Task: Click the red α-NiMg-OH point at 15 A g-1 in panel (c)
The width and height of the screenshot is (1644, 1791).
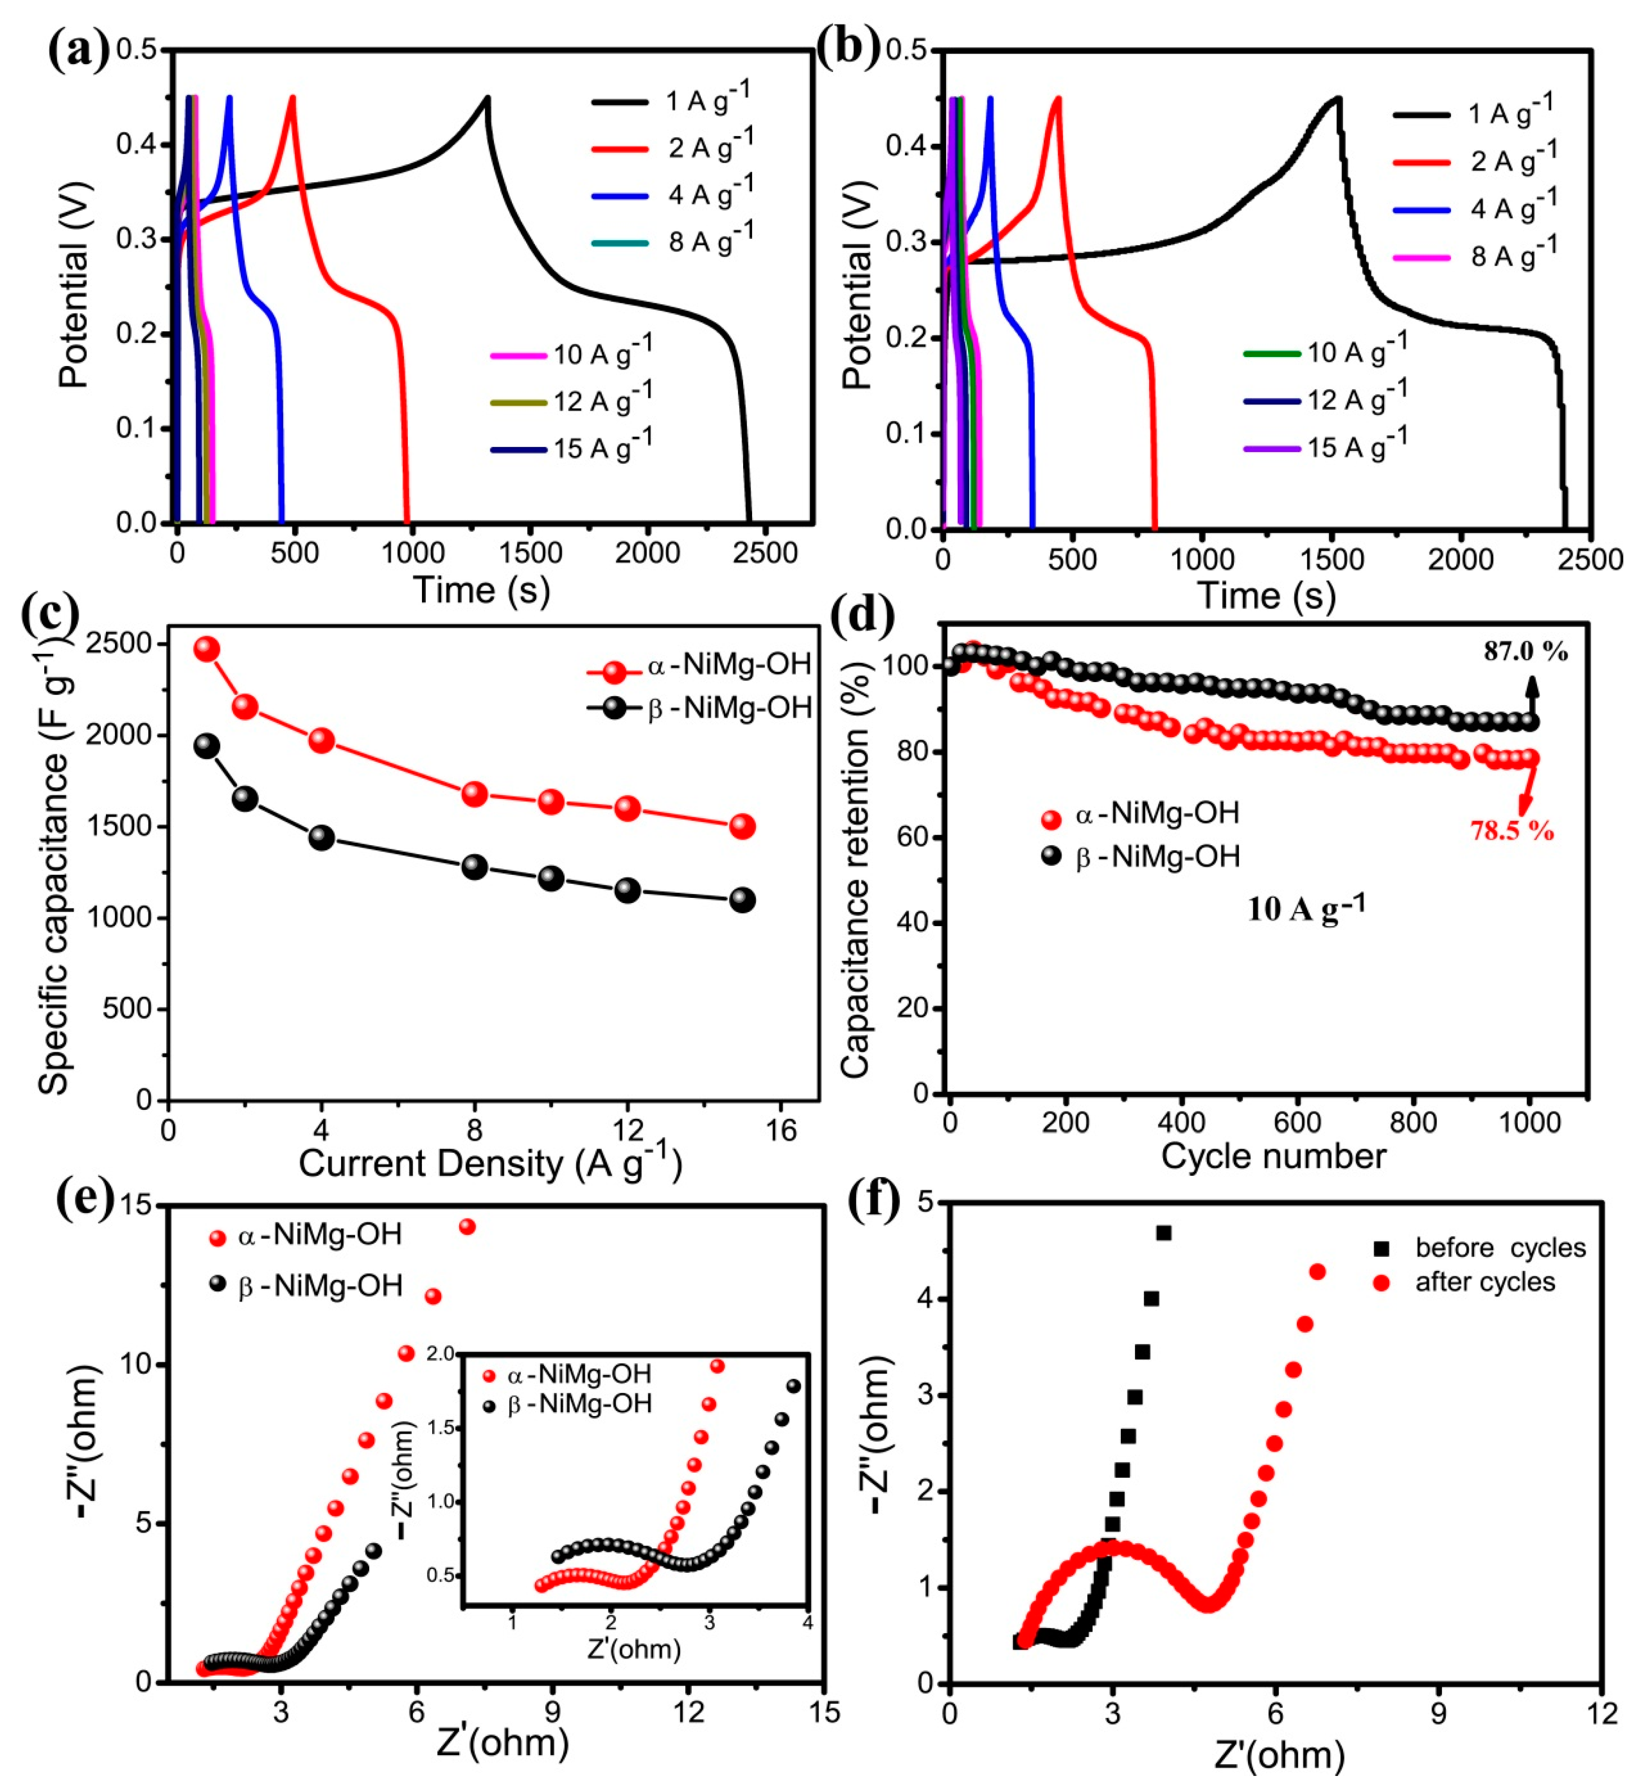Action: (x=742, y=827)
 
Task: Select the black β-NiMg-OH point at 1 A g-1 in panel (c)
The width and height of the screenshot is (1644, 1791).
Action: (x=206, y=746)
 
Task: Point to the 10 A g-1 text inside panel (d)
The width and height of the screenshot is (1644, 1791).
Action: (x=1305, y=908)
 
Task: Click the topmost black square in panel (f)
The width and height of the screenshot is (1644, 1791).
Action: (x=1163, y=1233)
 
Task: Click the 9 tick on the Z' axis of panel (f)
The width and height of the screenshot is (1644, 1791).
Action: (x=1438, y=1715)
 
